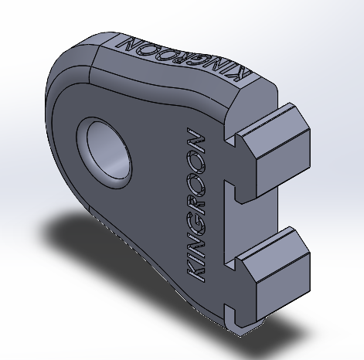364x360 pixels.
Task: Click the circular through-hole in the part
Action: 107,151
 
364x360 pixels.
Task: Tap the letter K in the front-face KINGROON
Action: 196,270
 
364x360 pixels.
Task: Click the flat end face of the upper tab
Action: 284,163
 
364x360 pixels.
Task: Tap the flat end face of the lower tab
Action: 284,287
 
